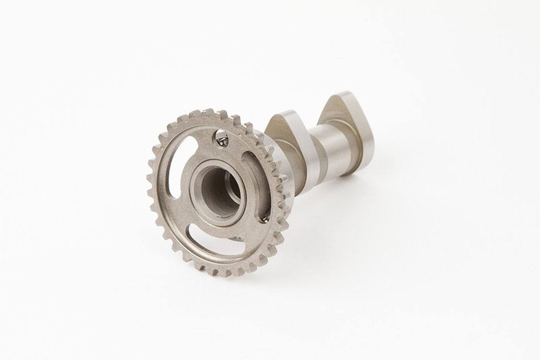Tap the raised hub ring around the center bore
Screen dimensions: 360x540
pos(198,200)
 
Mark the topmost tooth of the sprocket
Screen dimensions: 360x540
pos(208,112)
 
